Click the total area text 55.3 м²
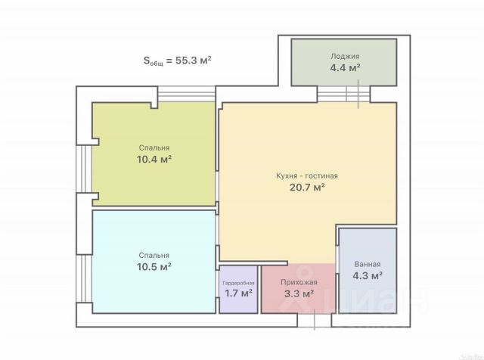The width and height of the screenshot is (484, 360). [x=194, y=60]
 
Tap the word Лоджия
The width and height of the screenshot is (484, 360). [x=345, y=56]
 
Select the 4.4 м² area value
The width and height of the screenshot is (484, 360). [x=345, y=67]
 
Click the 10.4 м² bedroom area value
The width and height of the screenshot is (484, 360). [x=154, y=160]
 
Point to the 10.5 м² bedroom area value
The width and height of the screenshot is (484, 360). [x=154, y=266]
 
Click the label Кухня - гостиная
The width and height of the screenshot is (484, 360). [x=307, y=175]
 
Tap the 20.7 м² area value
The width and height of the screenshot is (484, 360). [x=307, y=187]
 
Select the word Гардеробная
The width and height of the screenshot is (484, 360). [x=238, y=283]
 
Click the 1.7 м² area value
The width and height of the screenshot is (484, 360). [x=238, y=293]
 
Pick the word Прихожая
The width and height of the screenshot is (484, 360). [x=299, y=282]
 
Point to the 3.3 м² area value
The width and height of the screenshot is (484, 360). [x=299, y=293]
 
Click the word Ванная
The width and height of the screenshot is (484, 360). [x=368, y=264]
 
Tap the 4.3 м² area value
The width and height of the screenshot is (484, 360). [x=368, y=275]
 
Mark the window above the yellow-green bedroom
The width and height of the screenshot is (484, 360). [x=187, y=94]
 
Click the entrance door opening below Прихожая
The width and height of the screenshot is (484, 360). [x=315, y=320]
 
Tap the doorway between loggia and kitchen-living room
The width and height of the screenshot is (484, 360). [x=343, y=94]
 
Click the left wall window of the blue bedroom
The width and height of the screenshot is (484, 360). [x=84, y=278]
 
